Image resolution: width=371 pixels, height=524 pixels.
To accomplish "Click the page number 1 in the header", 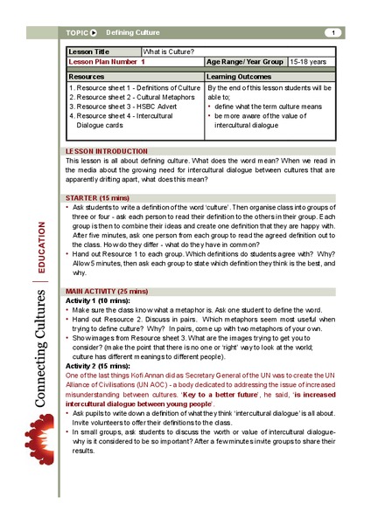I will (x=332, y=33).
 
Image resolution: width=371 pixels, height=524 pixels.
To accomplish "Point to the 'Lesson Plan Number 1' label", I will (x=107, y=62).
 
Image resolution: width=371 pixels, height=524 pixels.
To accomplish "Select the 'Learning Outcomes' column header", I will (x=238, y=77).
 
